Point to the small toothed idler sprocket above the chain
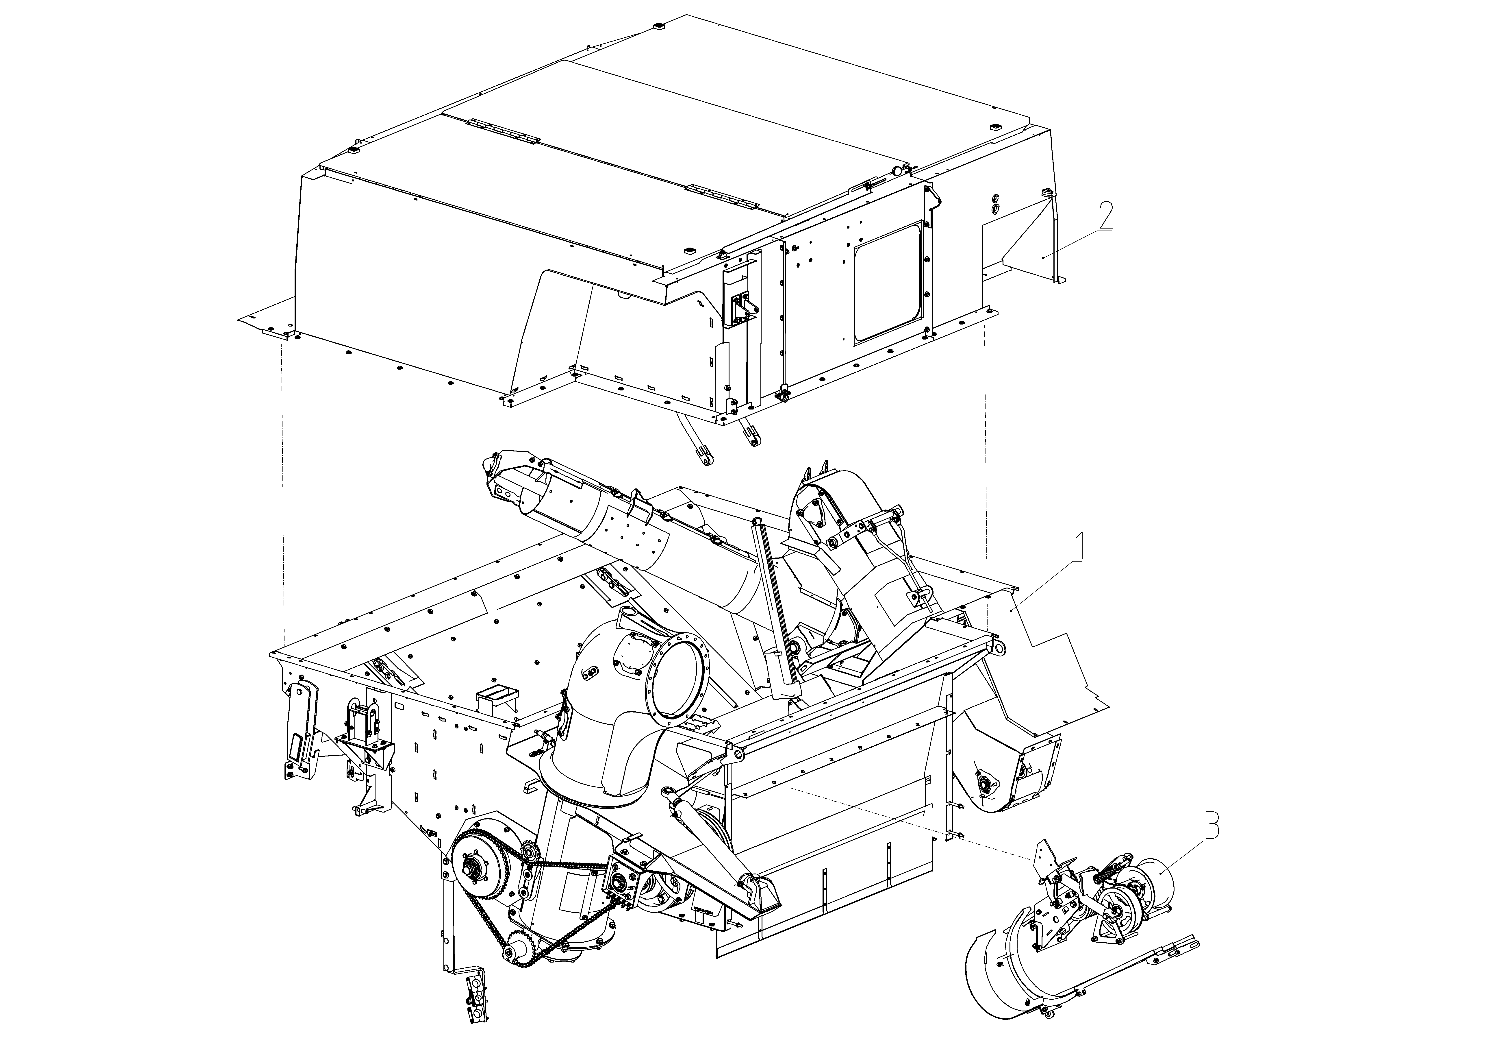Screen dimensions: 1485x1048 pos(527,854)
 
